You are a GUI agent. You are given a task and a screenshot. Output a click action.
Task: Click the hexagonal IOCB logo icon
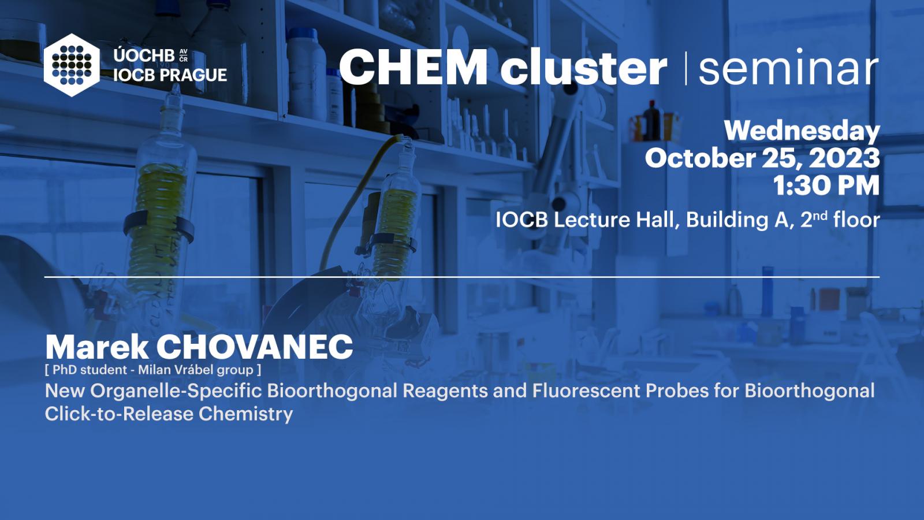click(x=72, y=65)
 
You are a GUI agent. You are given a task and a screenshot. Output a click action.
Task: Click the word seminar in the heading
click(x=788, y=67)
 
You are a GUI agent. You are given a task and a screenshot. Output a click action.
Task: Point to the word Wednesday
click(x=802, y=131)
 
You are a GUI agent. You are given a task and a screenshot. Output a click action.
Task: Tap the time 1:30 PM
click(x=826, y=185)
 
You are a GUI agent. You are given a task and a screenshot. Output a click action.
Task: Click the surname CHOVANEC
click(x=255, y=347)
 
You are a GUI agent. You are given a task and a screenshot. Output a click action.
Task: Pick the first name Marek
click(x=97, y=347)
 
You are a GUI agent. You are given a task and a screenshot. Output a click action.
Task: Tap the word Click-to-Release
click(x=119, y=414)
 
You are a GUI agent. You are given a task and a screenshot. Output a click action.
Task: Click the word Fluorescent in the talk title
click(x=586, y=391)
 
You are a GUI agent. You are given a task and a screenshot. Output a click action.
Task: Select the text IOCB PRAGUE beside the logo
click(x=170, y=75)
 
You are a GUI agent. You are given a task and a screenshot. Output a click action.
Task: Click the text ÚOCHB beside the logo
click(x=144, y=55)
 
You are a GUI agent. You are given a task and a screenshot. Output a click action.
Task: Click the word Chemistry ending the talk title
click(x=246, y=414)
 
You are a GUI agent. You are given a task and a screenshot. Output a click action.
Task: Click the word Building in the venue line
click(x=740, y=220)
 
